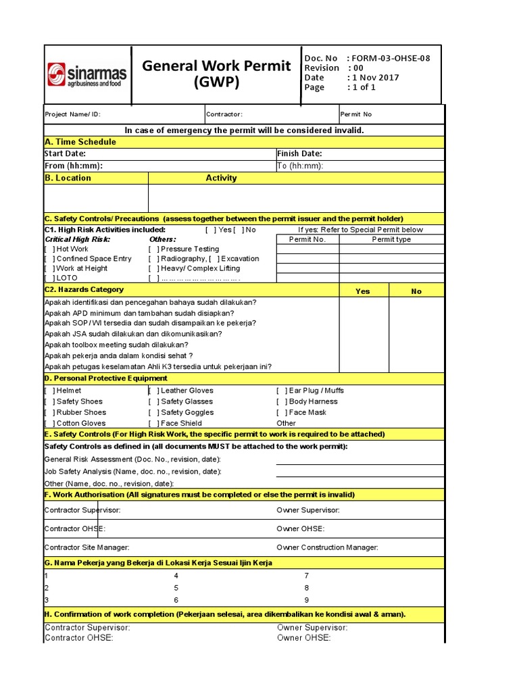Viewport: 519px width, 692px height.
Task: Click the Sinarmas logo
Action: point(86,74)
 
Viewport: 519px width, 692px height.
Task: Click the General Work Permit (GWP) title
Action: point(216,74)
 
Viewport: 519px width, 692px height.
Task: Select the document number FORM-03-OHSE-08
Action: point(391,58)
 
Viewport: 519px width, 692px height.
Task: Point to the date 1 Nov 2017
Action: point(375,77)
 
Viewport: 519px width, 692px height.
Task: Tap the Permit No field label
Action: point(356,115)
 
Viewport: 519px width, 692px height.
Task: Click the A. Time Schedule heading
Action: point(80,142)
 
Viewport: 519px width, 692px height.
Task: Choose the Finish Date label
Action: point(299,154)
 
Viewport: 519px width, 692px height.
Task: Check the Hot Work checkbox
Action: point(49,249)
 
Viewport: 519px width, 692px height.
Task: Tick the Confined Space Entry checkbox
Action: point(49,259)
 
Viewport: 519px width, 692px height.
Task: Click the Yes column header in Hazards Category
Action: point(363,291)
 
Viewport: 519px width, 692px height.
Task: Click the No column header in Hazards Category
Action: point(416,291)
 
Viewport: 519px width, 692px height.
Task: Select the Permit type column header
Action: point(391,239)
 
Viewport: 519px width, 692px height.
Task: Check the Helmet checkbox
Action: point(49,391)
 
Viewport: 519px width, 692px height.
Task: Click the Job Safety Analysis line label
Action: point(132,472)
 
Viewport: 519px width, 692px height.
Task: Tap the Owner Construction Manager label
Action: point(327,547)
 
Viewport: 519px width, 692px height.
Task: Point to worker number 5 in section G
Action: point(176,588)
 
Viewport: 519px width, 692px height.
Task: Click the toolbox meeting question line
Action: point(116,345)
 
